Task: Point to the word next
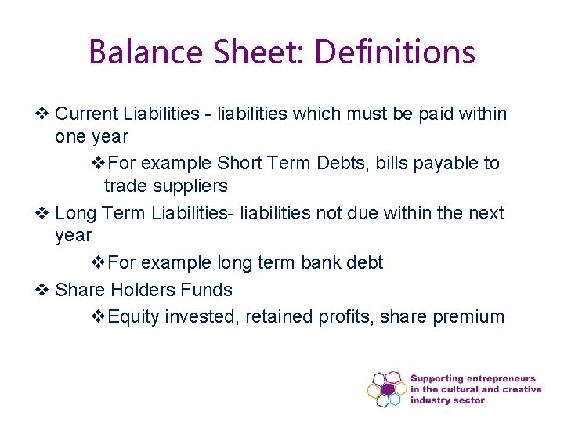[485, 213]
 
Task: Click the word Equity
[132, 316]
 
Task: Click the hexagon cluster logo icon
[386, 389]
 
